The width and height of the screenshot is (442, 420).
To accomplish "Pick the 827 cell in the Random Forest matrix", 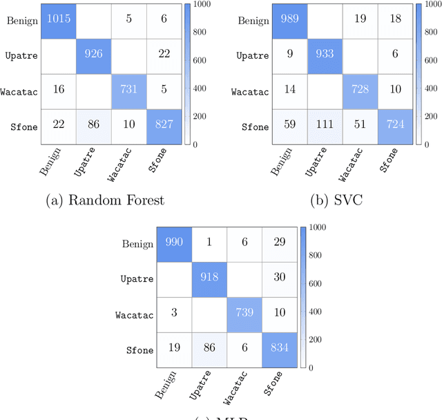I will pos(166,126).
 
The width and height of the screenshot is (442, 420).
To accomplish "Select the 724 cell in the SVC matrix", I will pos(396,126).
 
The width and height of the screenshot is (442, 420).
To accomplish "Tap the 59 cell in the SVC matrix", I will pos(291,126).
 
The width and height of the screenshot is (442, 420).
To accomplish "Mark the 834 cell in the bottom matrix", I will pos(280,350).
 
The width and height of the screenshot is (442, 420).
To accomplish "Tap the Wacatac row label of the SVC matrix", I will pos(249,91).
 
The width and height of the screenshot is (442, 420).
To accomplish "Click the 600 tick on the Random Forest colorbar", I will pos(200,60).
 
